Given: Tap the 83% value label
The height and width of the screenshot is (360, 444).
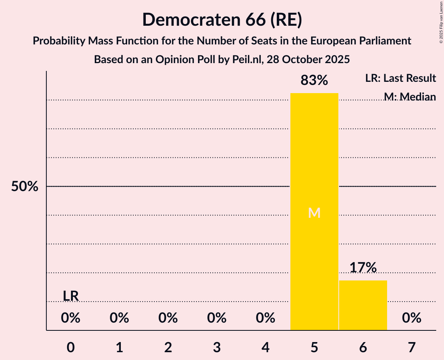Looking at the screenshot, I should pyautogui.click(x=314, y=81).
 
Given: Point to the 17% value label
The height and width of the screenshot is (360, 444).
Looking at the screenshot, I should pyautogui.click(x=363, y=268).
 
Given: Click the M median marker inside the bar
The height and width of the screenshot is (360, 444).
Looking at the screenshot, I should pyautogui.click(x=314, y=213).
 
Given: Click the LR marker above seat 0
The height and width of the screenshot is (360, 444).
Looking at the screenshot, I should pyautogui.click(x=71, y=296).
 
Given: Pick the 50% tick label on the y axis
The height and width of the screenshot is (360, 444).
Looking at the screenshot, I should pyautogui.click(x=25, y=187).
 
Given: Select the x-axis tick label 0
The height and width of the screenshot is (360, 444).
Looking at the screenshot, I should pyautogui.click(x=71, y=347).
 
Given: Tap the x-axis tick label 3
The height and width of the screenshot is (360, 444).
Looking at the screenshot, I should pyautogui.click(x=217, y=347).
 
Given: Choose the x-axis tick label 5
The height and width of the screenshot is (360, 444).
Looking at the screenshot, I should pyautogui.click(x=314, y=347).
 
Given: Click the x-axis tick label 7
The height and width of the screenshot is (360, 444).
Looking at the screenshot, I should pyautogui.click(x=412, y=347).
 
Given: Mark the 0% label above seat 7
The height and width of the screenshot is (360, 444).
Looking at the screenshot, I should pyautogui.click(x=412, y=318).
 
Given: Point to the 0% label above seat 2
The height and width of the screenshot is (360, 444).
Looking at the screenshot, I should pyautogui.click(x=168, y=318).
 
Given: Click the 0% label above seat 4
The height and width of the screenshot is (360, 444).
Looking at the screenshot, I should pyautogui.click(x=265, y=318).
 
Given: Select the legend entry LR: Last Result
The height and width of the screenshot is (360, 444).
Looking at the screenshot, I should pyautogui.click(x=400, y=78).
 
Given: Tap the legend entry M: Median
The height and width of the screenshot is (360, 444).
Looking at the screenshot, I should pyautogui.click(x=410, y=96).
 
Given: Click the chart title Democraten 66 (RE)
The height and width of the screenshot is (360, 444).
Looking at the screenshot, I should pyautogui.click(x=222, y=19).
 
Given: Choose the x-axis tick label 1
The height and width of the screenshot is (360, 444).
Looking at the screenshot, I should pyautogui.click(x=119, y=347).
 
